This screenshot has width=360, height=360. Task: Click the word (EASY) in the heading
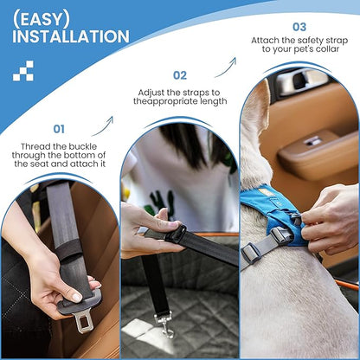tap(41, 20)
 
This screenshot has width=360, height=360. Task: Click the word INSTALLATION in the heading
tap(71, 36)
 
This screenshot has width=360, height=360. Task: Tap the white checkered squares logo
tap(23, 71)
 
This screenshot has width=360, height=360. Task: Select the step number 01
tap(59, 129)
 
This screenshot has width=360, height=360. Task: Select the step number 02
tap(180, 75)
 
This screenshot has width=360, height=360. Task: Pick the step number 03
tap(299, 27)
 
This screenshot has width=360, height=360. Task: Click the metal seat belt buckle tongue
tap(83, 321)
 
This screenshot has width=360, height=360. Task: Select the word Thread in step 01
tap(35, 146)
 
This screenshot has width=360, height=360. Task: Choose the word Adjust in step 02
tap(151, 93)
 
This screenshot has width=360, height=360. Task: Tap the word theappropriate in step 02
tap(168, 101)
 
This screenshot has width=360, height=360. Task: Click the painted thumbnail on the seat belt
tap(77, 297)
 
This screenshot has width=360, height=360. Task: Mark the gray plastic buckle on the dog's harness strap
tap(250, 253)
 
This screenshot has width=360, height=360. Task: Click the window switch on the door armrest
tap(313, 142)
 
